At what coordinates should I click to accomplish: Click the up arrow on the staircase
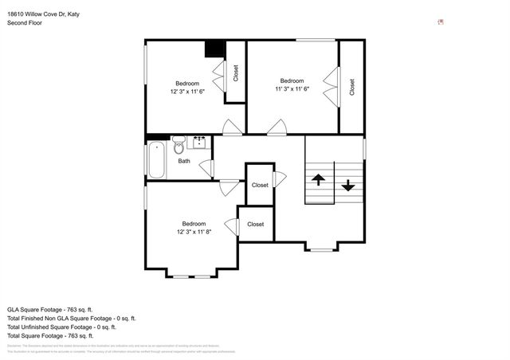coord(318,179)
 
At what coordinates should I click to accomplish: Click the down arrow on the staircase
coord(347,185)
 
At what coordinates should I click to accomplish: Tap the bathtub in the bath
coord(156,160)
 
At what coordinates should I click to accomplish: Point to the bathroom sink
coord(198,143)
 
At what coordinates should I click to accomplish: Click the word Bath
coord(184,161)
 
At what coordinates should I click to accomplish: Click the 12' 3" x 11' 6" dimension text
coord(187,92)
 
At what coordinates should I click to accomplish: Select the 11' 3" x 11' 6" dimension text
coord(292,89)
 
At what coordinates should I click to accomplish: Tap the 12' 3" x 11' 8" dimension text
coord(194,232)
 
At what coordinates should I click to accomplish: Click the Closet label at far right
coord(352,87)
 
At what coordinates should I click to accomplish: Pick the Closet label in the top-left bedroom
coord(235,73)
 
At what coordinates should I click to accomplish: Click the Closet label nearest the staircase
coord(260,185)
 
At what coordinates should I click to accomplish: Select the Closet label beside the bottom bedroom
coord(255,225)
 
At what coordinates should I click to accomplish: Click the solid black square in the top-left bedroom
coord(214,49)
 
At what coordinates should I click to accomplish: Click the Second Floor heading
coord(25,23)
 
